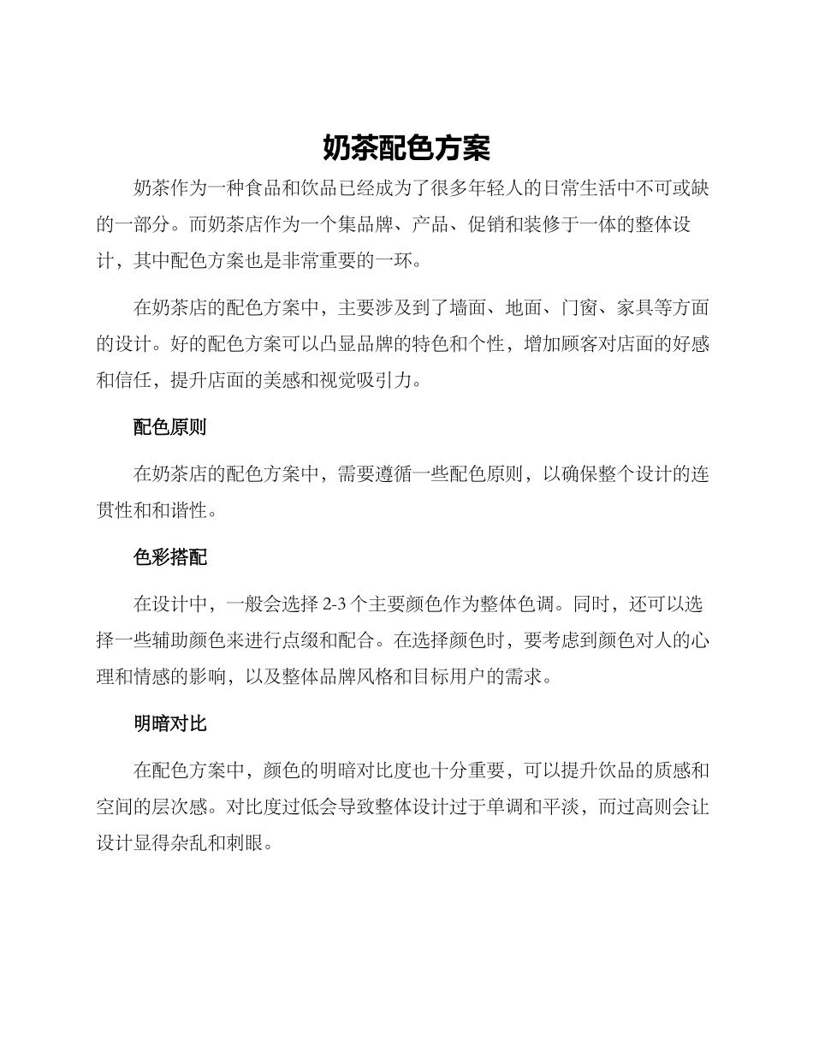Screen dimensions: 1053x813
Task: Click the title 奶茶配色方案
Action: click(x=406, y=148)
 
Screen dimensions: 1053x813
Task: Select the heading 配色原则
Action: click(x=169, y=427)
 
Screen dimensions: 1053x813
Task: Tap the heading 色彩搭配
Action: click(x=169, y=558)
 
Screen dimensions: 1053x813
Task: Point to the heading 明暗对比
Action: click(x=169, y=724)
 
